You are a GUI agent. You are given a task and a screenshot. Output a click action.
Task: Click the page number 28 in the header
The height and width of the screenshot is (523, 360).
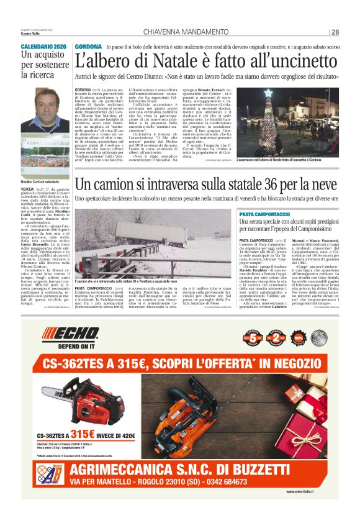coord(335,32)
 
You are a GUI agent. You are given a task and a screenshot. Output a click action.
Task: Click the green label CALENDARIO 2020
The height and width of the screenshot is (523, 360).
coord(43,47)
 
